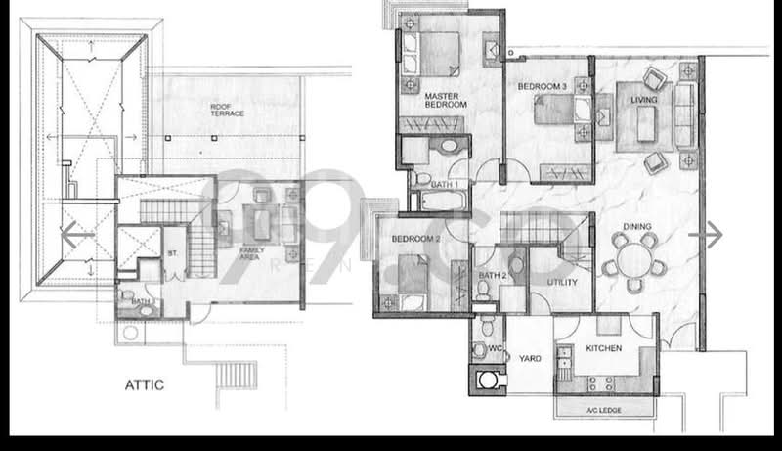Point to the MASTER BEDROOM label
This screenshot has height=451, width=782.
[445, 100]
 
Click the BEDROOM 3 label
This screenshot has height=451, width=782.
[543, 87]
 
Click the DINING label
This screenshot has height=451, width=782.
[639, 228]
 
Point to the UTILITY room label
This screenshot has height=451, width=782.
[562, 283]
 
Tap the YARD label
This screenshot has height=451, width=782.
[531, 358]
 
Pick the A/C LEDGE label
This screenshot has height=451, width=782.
[603, 409]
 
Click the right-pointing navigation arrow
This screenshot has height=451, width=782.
[712, 235]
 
